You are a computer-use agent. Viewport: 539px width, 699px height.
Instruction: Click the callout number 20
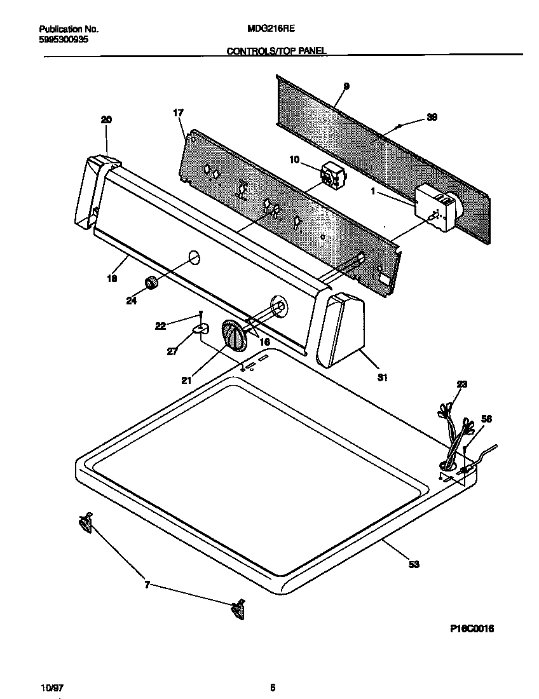pyautogui.click(x=106, y=119)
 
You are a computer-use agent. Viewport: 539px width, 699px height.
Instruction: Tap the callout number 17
pyautogui.click(x=178, y=112)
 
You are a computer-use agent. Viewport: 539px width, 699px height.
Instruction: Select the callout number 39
pyautogui.click(x=432, y=117)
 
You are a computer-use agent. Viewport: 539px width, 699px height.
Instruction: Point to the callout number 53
pyautogui.click(x=414, y=564)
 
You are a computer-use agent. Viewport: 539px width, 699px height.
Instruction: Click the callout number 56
pyautogui.click(x=486, y=419)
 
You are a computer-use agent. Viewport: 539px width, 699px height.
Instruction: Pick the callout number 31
pyautogui.click(x=382, y=377)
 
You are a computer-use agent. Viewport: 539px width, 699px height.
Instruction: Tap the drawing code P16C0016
pyautogui.click(x=471, y=628)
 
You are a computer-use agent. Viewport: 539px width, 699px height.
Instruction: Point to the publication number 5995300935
pyautogui.click(x=64, y=39)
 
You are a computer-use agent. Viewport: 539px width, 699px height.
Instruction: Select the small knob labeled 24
pyautogui.click(x=151, y=283)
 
